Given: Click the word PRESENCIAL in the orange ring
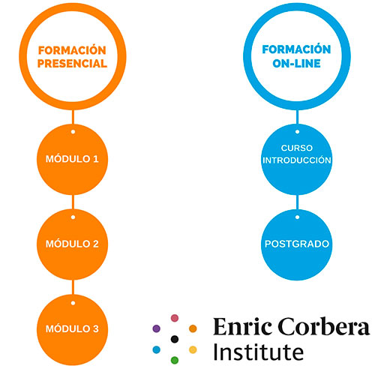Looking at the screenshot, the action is pyautogui.click(x=72, y=64).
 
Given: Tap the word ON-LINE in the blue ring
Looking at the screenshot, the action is pyautogui.click(x=296, y=64).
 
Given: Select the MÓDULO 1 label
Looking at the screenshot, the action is pyautogui.click(x=72, y=159).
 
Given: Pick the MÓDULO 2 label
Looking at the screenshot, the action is pyautogui.click(x=72, y=244).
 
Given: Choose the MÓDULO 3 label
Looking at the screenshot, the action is pyautogui.click(x=72, y=328).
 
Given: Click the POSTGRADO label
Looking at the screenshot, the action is pyautogui.click(x=297, y=244).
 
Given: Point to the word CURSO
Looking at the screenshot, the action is pyautogui.click(x=297, y=148).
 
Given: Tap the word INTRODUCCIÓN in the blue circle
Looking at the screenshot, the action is pyautogui.click(x=297, y=160).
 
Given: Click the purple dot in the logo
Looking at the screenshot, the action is pyautogui.click(x=157, y=328).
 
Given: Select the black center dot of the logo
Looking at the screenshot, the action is pyautogui.click(x=175, y=339).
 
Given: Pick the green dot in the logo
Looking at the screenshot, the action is pyautogui.click(x=175, y=360).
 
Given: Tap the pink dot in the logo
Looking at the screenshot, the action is pyautogui.click(x=175, y=318).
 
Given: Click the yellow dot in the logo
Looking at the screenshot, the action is pyautogui.click(x=193, y=349).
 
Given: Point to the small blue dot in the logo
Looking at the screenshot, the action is pyautogui.click(x=157, y=349).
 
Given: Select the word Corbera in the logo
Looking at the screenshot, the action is pyautogui.click(x=324, y=326).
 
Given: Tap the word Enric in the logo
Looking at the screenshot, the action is pyautogui.click(x=242, y=326).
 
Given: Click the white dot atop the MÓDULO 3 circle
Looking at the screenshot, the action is pyautogui.click(x=73, y=303).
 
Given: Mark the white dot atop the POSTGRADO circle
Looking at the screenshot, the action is pyautogui.click(x=297, y=217).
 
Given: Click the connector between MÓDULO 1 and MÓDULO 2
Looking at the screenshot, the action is pyautogui.click(x=73, y=202).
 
